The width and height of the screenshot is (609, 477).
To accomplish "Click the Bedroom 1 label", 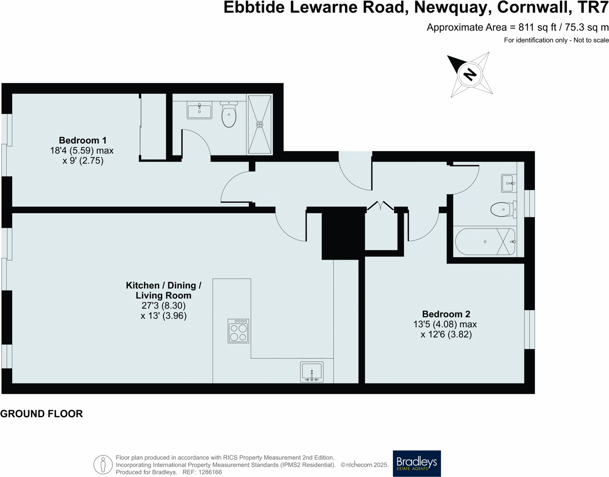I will [83, 140].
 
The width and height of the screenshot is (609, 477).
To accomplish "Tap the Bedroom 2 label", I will [446, 314].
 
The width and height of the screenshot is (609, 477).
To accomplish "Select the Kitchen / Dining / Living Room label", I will [163, 290].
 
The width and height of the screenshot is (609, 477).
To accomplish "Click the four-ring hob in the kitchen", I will [238, 331].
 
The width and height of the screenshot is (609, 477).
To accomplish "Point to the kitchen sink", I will [312, 372].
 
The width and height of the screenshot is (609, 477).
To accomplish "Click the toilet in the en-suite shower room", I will [229, 115].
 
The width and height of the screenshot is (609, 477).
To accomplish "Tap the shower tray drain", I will [260, 125].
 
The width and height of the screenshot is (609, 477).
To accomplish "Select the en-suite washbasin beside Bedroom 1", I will [199, 110].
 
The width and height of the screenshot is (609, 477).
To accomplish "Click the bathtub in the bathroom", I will [485, 242].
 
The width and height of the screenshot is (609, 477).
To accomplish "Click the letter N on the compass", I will [470, 74].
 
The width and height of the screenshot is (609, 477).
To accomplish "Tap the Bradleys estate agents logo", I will [417, 463].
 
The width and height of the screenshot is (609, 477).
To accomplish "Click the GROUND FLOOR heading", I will [41, 414].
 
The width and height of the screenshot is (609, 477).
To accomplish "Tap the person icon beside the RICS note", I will [103, 464].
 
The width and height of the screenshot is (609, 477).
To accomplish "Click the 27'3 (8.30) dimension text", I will [163, 306].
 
